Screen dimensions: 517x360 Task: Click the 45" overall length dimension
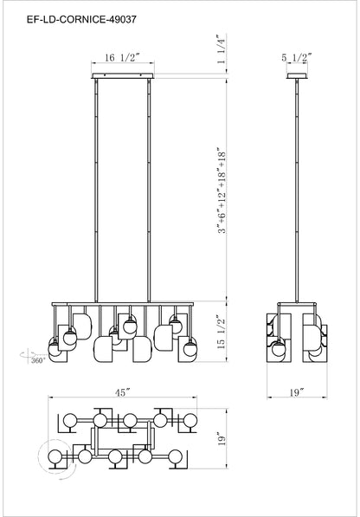coord(121,392)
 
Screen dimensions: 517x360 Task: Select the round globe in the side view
coord(279,351)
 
